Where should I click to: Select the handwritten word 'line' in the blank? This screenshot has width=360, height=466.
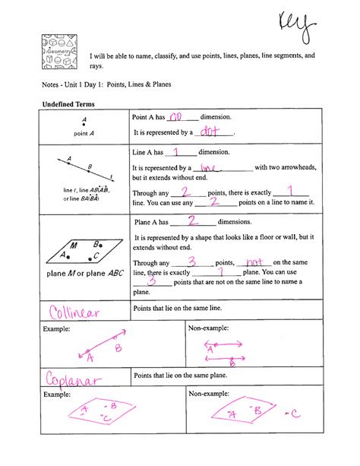tap(206, 167)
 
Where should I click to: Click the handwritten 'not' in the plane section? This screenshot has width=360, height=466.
tap(250, 261)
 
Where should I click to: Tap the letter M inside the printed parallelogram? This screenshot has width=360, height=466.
tap(73, 246)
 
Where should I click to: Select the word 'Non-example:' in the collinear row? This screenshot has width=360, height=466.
tap(209, 328)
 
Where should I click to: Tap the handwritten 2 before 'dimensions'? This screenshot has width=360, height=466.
tap(193, 221)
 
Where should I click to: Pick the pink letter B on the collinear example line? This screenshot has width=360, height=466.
tap(118, 348)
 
